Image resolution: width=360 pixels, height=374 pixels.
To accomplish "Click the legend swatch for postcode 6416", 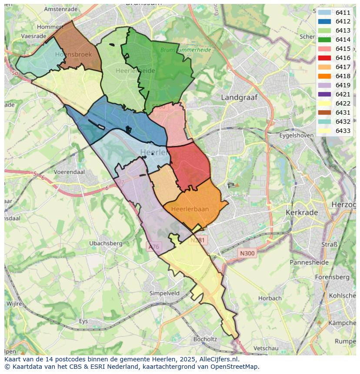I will click(324, 58).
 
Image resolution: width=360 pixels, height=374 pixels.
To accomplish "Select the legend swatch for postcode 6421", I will click(324, 94).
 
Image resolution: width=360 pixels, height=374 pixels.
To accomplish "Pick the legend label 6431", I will click(343, 113).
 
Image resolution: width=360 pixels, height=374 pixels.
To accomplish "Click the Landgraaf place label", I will click(239, 98).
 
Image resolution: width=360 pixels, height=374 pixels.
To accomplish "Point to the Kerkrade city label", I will click(302, 212).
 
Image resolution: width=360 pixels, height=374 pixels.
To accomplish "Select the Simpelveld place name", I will click(164, 293).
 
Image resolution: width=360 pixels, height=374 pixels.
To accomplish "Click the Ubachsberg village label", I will click(106, 243).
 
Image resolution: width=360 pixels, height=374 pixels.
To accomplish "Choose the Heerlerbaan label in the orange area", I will click(190, 209).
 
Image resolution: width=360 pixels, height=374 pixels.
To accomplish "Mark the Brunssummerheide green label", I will click(186, 50).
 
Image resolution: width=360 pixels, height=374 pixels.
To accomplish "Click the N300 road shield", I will click(247, 253).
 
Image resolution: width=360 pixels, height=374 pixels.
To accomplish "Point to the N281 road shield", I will click(199, 240).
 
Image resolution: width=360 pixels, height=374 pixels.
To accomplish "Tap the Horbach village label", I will click(270, 298).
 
